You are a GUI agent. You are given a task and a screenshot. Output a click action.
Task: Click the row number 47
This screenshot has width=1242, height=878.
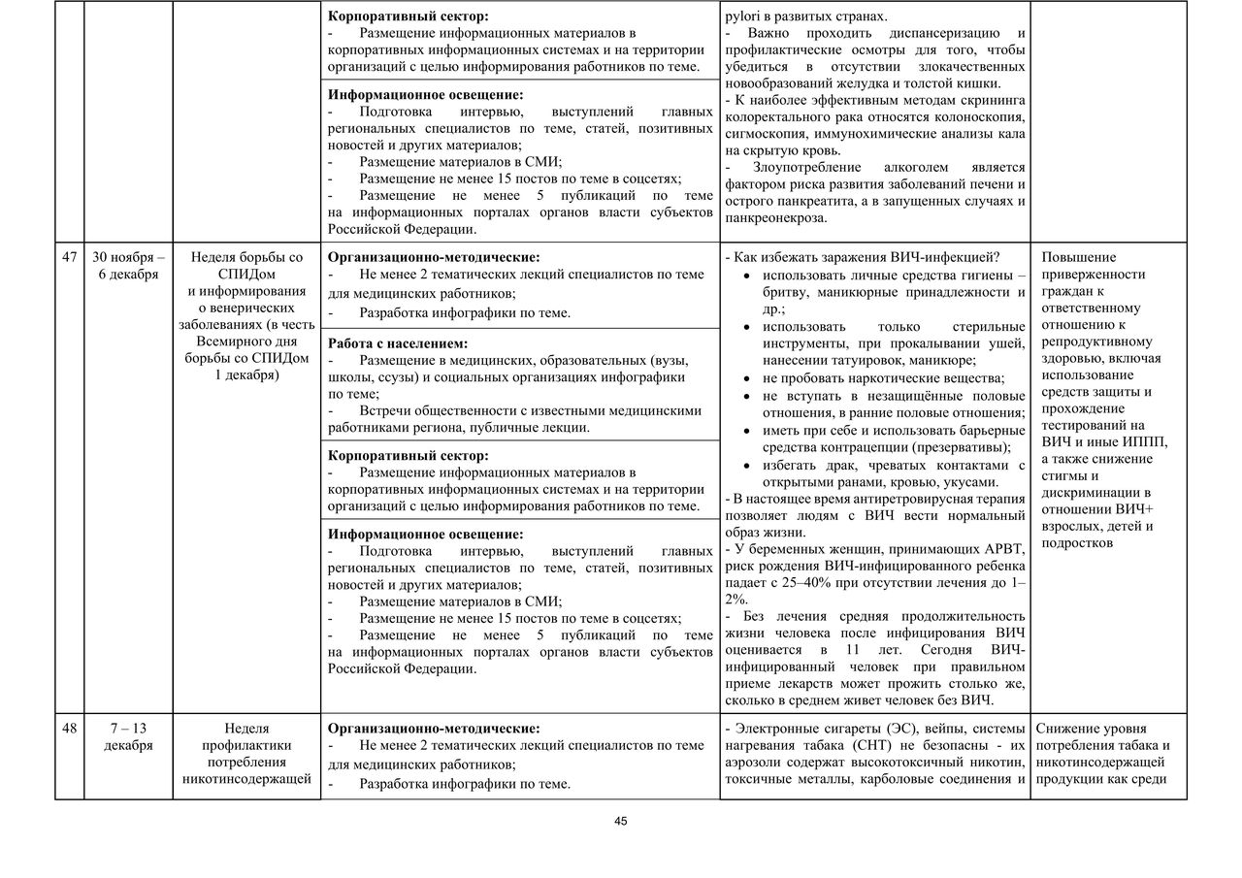coord(69,257)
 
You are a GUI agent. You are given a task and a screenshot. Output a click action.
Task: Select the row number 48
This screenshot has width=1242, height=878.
coord(69,729)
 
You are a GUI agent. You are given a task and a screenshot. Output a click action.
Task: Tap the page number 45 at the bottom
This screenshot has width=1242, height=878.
coord(621,821)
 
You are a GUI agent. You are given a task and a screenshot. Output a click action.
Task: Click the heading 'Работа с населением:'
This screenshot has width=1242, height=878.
coord(398,343)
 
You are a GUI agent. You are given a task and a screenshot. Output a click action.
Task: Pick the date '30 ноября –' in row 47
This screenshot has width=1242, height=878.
coord(128,257)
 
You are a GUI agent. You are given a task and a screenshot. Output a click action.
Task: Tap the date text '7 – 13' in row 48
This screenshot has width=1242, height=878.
coord(128,729)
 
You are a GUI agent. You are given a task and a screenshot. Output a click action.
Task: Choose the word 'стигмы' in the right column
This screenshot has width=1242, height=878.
coord(1063,475)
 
